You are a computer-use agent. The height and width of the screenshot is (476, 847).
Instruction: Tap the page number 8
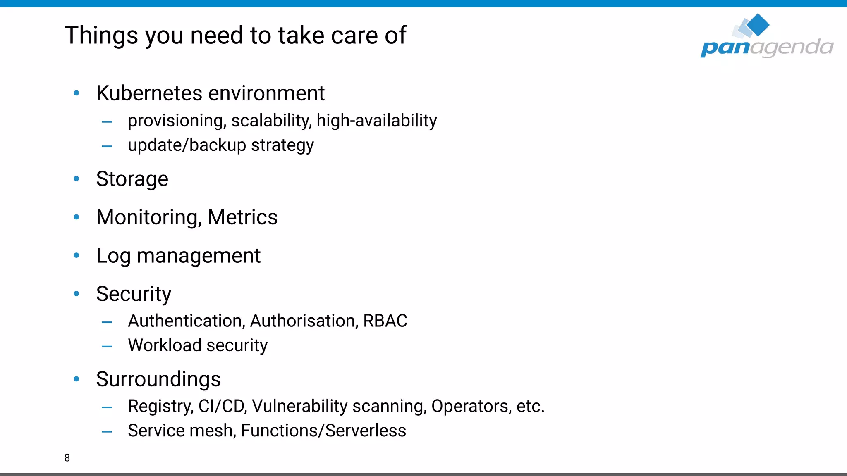coord(67,458)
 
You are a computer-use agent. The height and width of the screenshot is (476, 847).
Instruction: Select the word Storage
coord(132,179)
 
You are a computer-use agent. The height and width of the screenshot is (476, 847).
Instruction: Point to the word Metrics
coord(242,217)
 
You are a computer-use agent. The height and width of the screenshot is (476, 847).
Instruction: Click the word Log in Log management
coord(113,256)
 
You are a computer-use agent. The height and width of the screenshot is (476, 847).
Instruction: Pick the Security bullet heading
coord(134,294)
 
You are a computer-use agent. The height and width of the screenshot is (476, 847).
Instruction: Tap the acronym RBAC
coord(385,321)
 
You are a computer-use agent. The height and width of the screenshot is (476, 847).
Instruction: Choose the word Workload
coord(165,345)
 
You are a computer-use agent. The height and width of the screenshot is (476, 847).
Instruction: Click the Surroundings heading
coord(158,379)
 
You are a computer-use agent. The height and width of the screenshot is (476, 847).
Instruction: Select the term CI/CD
coord(222,406)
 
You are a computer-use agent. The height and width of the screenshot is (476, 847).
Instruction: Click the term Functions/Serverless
coord(323,431)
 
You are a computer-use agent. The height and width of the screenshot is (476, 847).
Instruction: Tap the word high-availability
coord(376,121)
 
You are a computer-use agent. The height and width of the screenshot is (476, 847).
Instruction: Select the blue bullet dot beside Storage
coord(77,179)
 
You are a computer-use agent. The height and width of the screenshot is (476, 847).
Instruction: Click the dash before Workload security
coord(107,347)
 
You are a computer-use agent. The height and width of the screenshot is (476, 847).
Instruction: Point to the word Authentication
coord(186,321)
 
